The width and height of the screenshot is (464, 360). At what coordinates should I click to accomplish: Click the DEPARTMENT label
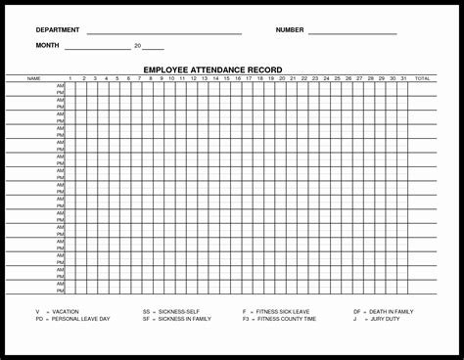(x=58, y=30)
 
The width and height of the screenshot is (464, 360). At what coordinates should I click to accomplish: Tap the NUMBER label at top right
(x=290, y=30)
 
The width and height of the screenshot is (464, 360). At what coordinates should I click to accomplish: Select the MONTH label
(x=47, y=46)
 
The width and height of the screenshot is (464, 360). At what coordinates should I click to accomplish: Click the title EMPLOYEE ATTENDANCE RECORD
(x=212, y=69)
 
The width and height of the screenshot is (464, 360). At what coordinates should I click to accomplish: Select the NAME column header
(x=33, y=77)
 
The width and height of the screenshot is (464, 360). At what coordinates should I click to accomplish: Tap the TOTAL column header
(x=422, y=77)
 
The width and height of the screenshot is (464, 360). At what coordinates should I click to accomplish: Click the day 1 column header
(x=70, y=77)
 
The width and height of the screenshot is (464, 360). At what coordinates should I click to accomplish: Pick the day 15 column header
(x=227, y=77)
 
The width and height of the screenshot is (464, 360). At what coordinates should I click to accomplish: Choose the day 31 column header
(x=403, y=77)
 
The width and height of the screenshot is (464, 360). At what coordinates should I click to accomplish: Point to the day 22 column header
(x=304, y=77)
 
